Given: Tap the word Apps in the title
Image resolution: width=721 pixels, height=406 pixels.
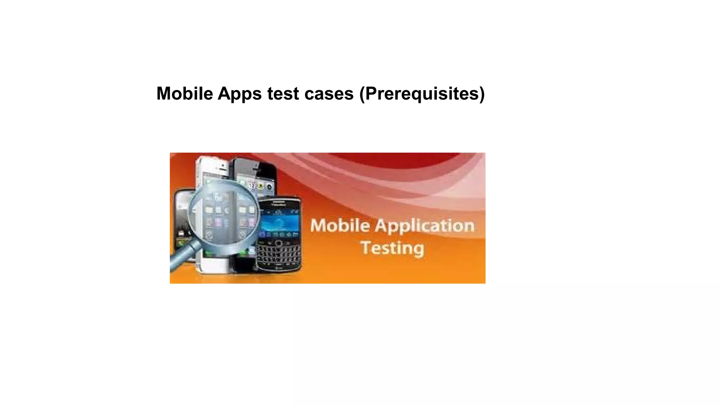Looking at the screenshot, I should tap(239, 94).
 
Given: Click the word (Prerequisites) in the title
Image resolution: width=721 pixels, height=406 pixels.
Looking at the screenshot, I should tap(422, 94).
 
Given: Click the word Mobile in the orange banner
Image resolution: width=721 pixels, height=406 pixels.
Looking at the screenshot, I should tap(340, 226).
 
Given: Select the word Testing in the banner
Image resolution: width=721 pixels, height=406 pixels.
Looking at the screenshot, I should tap(392, 248).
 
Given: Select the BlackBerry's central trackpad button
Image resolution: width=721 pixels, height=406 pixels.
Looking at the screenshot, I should tap(278, 243).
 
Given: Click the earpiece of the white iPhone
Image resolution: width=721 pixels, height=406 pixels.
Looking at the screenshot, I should tap(223, 170).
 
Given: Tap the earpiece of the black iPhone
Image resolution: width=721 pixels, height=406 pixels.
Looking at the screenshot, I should tap(256, 170).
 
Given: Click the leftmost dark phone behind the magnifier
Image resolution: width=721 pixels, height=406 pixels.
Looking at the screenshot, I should tap(181, 219).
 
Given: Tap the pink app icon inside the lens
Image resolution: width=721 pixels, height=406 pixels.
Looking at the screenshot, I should tap(218, 222).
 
